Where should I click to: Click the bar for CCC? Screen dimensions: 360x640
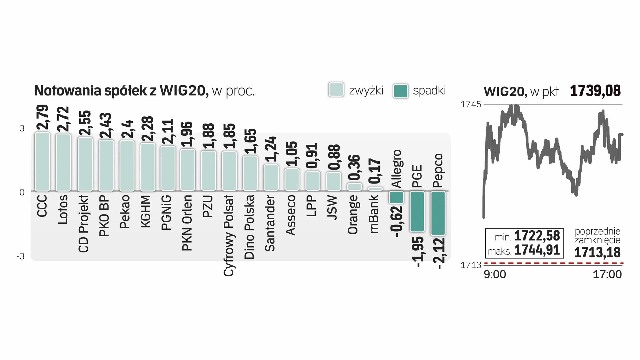[42, 162]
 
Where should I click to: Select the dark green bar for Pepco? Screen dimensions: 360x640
[438, 213]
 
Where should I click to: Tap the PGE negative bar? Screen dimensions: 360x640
[417, 211]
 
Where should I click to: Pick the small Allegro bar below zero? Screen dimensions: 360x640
[396, 197]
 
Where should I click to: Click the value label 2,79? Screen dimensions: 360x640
[43, 117]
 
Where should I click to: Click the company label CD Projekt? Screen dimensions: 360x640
[84, 224]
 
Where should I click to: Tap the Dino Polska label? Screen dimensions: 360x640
[249, 227]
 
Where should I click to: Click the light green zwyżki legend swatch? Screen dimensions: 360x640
[336, 90]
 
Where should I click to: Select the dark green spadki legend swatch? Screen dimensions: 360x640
[400, 91]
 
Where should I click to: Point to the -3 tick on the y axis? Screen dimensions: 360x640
[21, 256]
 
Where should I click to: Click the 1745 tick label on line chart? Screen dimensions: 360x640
[471, 104]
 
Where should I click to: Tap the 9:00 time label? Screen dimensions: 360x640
[495, 274]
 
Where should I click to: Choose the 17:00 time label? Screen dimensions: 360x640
[607, 274]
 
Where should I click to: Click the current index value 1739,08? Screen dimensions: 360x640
[595, 91]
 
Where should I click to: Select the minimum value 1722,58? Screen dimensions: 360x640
[537, 236]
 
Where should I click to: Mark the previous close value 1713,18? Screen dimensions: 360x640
[597, 252]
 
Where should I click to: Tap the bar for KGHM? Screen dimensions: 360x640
[148, 167]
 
